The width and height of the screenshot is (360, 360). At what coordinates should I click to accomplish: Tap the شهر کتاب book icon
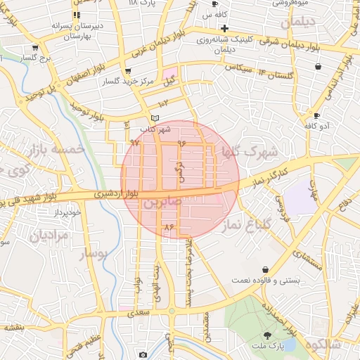[155, 117]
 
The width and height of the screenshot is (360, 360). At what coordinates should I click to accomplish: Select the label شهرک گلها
[250, 151]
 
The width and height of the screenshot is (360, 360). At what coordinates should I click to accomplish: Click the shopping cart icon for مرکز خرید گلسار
[127, 71]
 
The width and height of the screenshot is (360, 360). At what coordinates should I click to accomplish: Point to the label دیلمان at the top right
[303, 22]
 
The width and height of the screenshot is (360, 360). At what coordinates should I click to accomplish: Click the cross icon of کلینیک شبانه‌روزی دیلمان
[224, 29]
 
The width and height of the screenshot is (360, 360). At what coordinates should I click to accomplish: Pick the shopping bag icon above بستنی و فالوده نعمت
[265, 269]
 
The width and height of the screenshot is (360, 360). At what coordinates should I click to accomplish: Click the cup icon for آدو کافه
[317, 115]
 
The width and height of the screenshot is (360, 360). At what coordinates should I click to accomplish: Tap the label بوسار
[91, 254]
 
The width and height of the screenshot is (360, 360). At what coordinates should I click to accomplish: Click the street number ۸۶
[168, 227]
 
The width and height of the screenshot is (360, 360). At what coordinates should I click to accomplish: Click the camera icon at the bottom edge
[143, 355]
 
